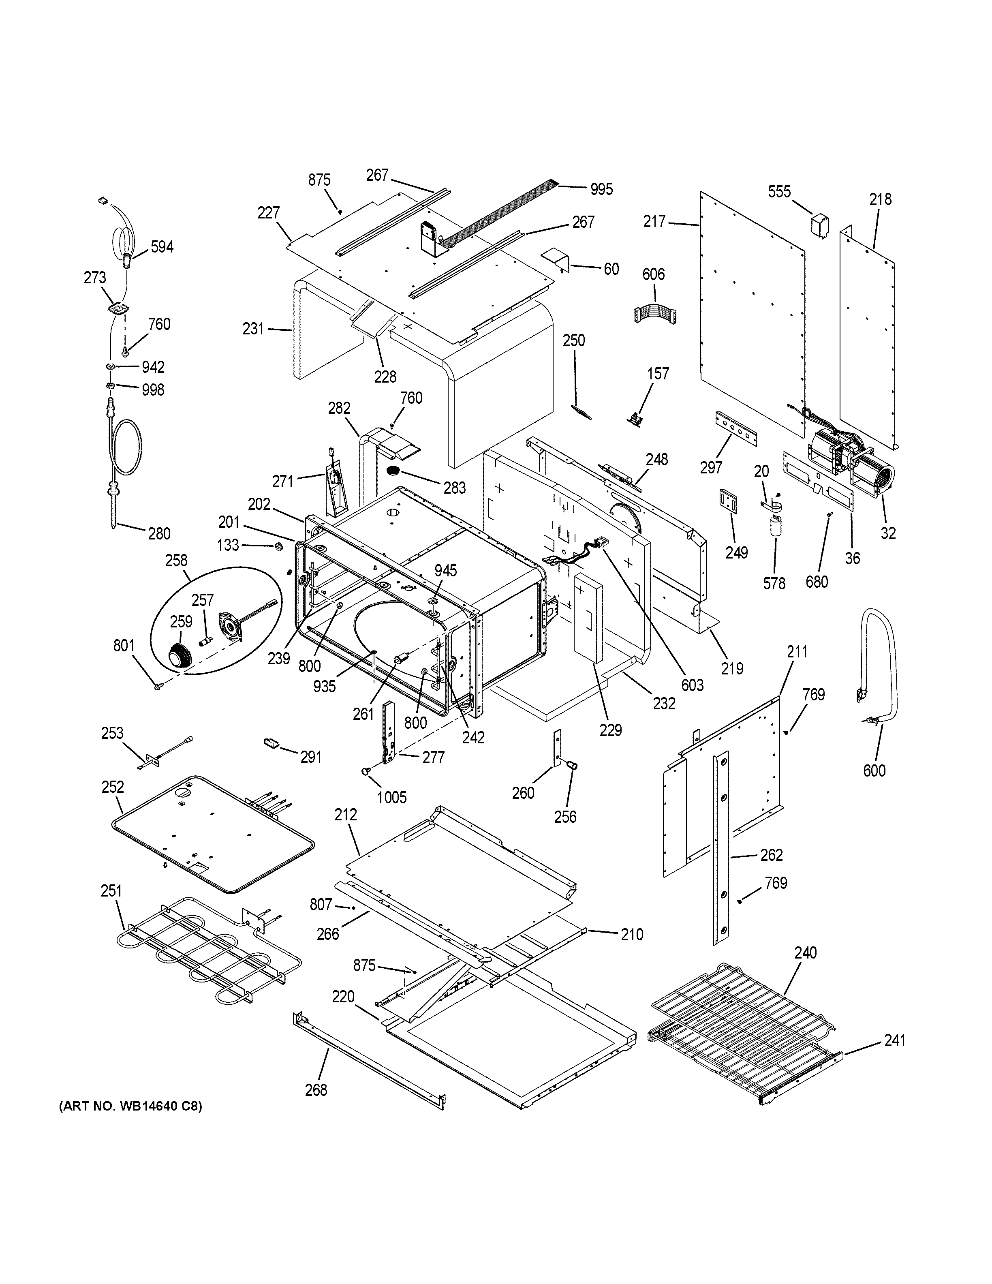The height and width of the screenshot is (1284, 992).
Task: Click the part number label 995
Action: coord(601,189)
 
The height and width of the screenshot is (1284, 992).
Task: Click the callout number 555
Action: coord(779,192)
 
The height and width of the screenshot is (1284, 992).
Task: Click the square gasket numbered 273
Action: coord(119,308)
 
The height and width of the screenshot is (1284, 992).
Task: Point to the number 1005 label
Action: coord(391,797)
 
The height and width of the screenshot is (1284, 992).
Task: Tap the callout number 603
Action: coord(692,685)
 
